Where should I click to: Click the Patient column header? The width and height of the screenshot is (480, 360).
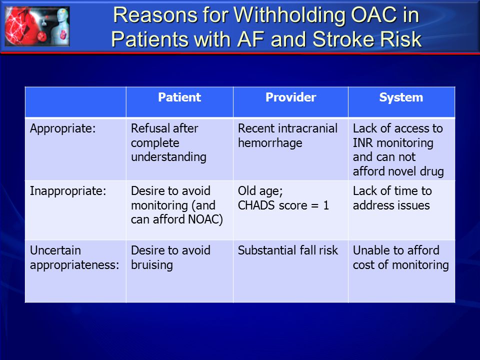[179, 97]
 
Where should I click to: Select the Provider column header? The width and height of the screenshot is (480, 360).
[290, 97]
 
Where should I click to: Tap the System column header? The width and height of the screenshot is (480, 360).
[401, 97]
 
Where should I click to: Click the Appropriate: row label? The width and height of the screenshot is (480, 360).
[63, 128]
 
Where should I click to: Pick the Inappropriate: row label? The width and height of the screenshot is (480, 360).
[68, 191]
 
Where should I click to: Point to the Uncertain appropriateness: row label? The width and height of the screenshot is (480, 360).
[74, 258]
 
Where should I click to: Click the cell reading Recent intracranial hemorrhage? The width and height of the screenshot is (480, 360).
[288, 135]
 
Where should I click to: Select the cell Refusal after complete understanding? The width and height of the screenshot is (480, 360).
[168, 142]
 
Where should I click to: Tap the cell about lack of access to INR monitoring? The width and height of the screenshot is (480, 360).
[398, 149]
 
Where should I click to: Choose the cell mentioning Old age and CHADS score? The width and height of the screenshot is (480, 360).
[283, 198]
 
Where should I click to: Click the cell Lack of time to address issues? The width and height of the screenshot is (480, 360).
[392, 198]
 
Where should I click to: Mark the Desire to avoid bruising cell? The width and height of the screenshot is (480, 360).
[170, 258]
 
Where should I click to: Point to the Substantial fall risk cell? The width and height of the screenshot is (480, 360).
[288, 250]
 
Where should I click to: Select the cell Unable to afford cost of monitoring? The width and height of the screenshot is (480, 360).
[400, 258]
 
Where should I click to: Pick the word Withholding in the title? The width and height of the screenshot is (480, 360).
[290, 15]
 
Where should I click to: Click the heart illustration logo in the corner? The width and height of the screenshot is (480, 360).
[37, 26]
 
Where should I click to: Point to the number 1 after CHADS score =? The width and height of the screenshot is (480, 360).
[326, 205]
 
